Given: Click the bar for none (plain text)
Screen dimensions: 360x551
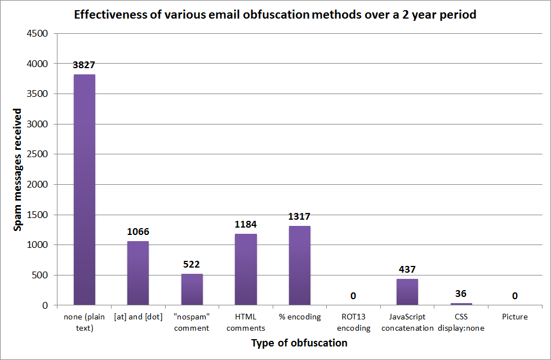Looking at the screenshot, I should tap(84, 190).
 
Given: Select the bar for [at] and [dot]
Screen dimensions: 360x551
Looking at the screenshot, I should tap(138, 273).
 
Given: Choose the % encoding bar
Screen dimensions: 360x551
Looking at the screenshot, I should tap(299, 265).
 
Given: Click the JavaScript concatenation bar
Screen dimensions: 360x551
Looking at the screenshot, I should tap(407, 292).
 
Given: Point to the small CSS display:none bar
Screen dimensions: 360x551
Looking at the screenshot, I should tap(461, 304).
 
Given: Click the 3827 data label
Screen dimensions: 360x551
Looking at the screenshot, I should tap(84, 65).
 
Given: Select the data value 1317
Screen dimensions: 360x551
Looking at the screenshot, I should tap(299, 216).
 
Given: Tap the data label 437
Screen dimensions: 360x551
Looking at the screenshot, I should tap(407, 269).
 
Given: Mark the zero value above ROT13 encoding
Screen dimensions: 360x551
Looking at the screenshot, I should tap(353, 296).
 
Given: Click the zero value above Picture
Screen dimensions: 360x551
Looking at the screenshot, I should tap(514, 296).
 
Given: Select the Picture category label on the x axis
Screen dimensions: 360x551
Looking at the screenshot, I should tap(514, 317).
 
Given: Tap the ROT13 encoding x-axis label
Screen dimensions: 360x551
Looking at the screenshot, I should tap(353, 322).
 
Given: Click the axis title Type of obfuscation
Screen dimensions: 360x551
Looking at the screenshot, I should tap(299, 343).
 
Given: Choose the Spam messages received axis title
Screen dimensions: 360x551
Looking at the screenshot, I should tap(19, 169).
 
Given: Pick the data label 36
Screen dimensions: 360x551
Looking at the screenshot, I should tap(461, 294).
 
